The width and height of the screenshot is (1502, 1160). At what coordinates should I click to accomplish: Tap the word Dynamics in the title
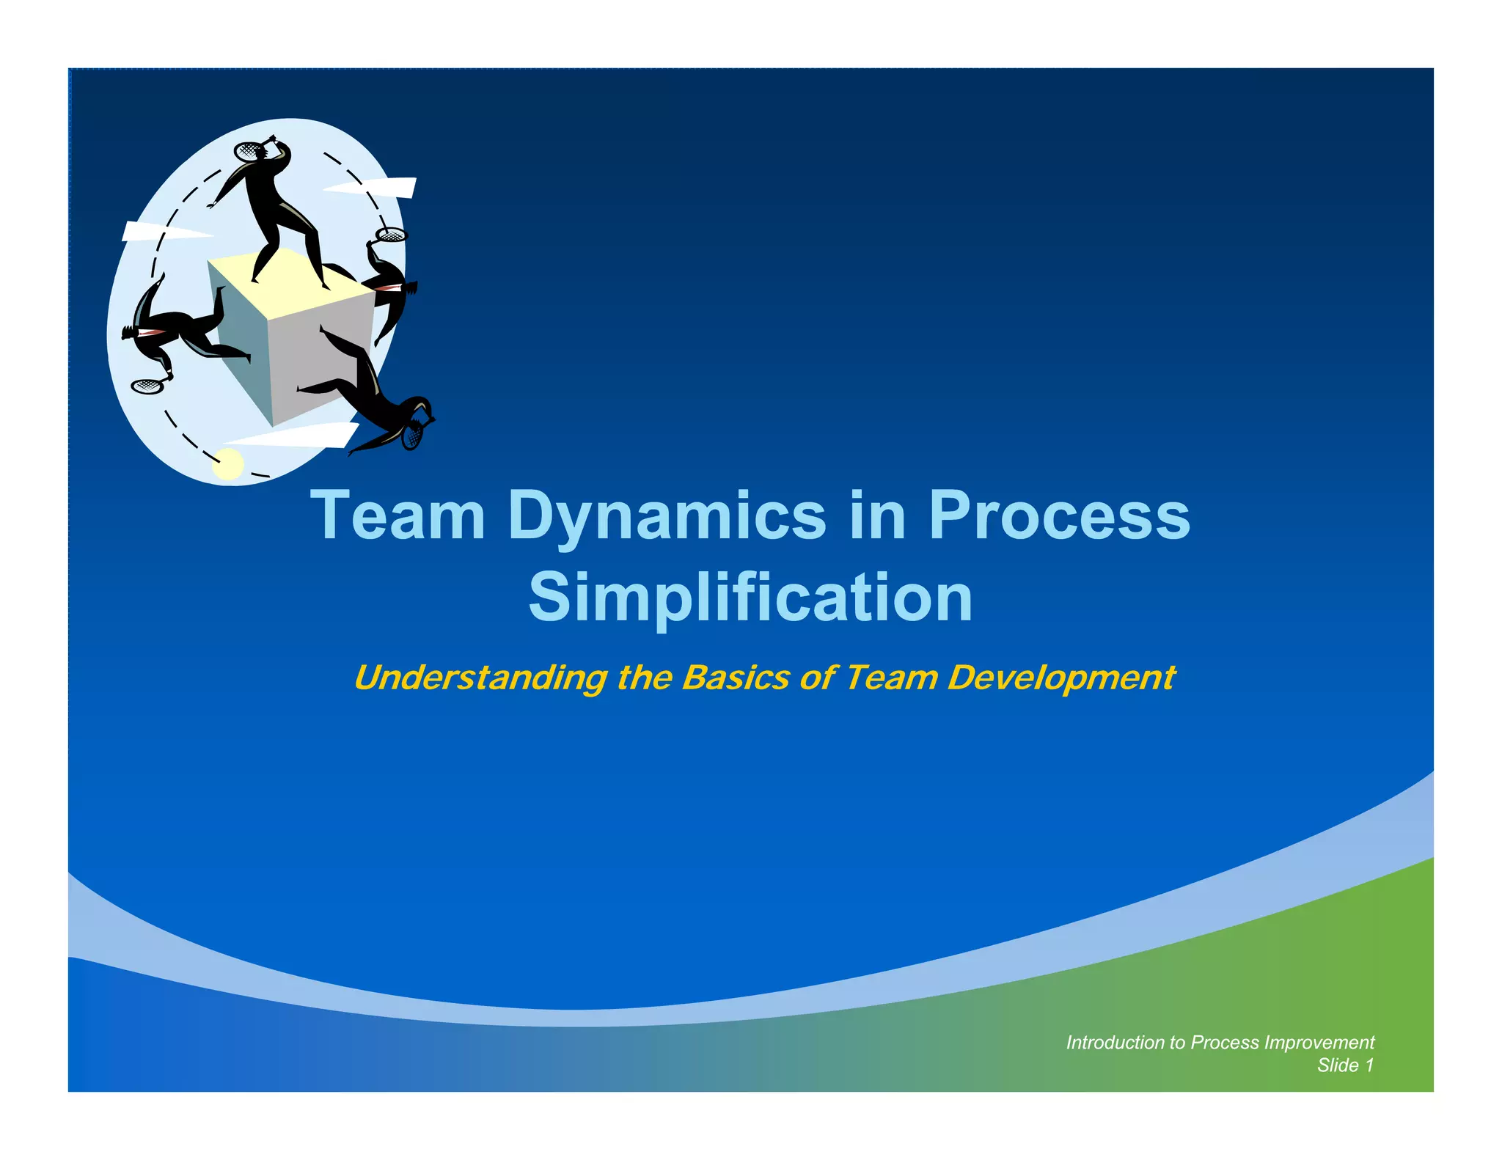(666, 517)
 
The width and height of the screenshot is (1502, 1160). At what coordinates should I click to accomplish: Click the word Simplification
(750, 597)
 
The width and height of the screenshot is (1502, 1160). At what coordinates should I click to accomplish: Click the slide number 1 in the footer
(1368, 1065)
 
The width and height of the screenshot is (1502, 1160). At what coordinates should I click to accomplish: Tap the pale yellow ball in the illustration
(228, 463)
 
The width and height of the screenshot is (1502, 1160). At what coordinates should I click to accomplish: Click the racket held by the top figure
(248, 151)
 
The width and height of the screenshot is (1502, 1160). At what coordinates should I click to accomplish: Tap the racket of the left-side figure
(147, 386)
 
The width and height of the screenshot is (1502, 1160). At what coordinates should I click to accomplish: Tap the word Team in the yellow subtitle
(890, 677)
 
